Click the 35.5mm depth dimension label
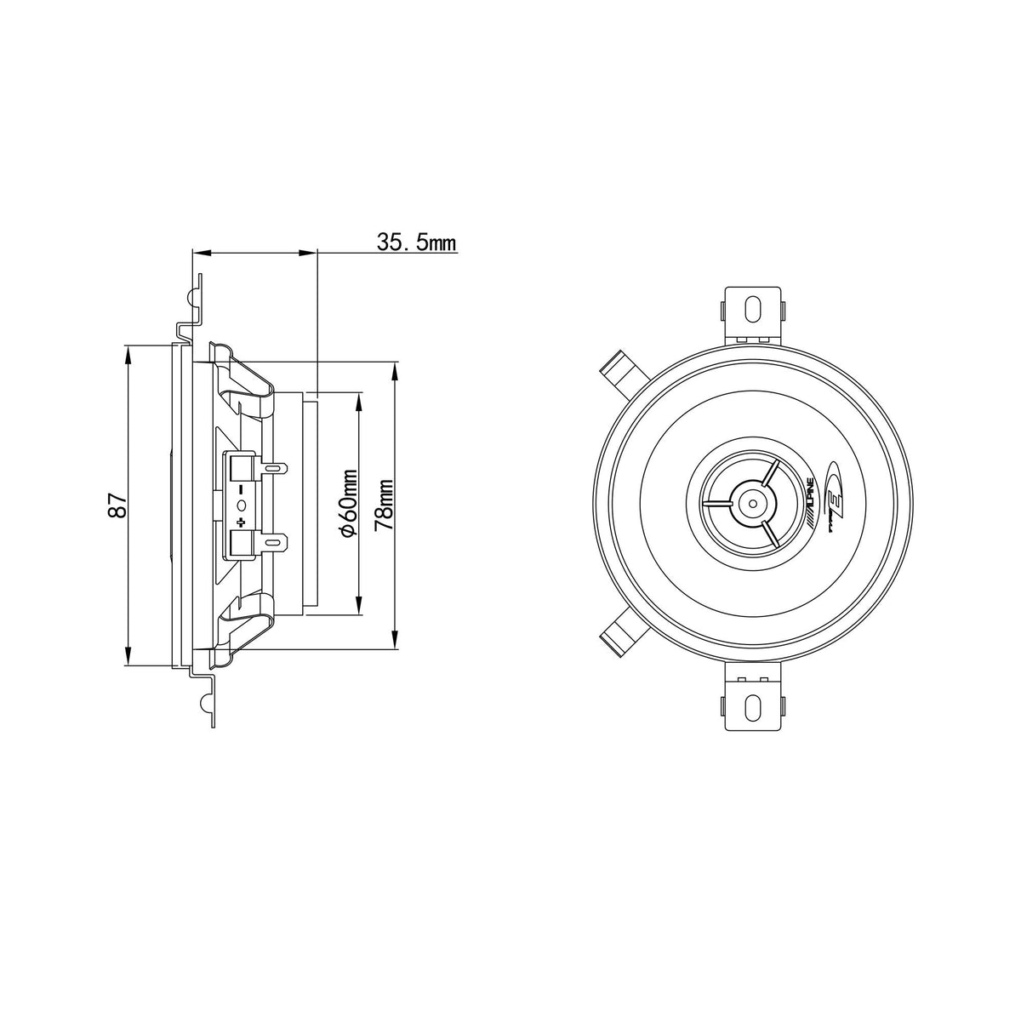click(x=416, y=242)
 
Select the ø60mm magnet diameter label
click(x=349, y=503)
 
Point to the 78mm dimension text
click(x=383, y=505)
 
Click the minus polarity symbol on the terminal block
click(x=242, y=488)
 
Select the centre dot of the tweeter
click(x=753, y=503)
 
